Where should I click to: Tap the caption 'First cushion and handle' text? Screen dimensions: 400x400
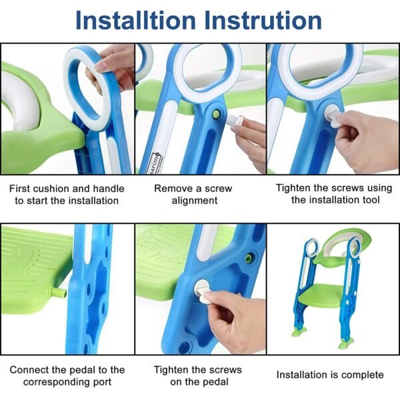(67, 188)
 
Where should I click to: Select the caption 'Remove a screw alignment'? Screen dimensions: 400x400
(199, 194)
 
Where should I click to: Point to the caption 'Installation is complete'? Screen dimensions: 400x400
(330, 375)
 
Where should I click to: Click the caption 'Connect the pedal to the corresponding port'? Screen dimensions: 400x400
(67, 375)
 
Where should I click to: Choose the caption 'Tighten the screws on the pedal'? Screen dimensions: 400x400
(198, 375)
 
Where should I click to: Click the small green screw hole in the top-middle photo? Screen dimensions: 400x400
(216, 115)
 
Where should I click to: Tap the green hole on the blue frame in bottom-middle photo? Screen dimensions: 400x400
(249, 257)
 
